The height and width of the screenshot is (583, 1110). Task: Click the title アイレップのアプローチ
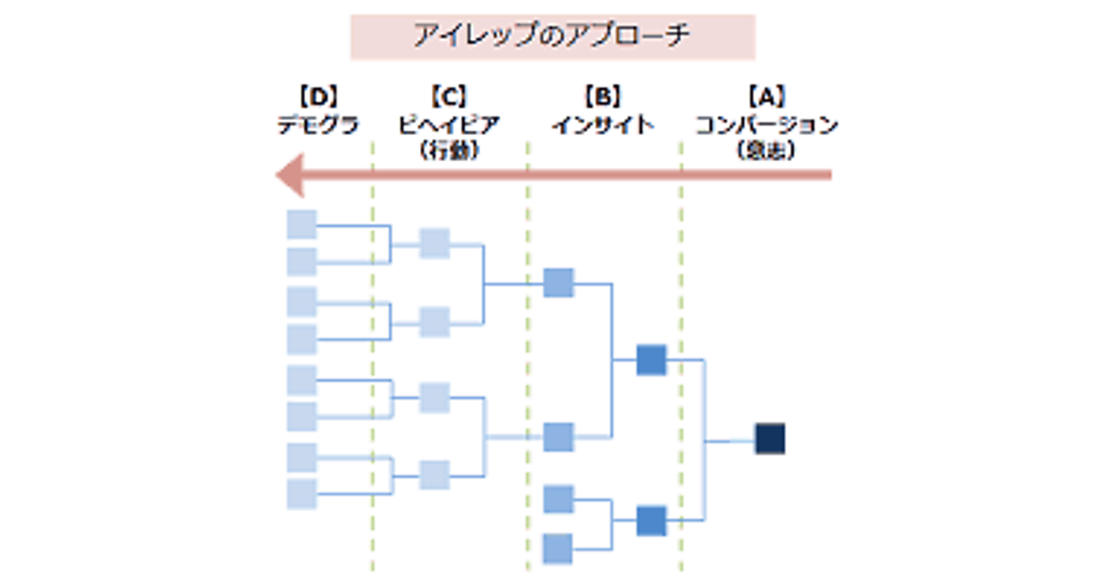coord(552,37)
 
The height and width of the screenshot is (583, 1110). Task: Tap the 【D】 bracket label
coord(317,95)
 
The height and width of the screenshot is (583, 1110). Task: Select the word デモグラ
coord(317,125)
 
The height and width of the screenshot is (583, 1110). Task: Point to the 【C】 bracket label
coord(448,95)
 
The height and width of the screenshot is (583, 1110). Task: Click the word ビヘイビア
coord(448,125)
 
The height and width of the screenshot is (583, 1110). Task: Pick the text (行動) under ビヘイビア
coord(448,151)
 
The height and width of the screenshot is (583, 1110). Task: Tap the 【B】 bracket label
coord(602,95)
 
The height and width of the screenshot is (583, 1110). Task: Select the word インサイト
coord(602,125)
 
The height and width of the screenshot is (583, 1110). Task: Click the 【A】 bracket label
coord(767,95)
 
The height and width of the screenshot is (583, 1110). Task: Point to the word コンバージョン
coord(767,125)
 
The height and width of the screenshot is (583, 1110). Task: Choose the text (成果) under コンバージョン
coord(767,151)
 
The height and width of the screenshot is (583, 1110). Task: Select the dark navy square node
coord(770,439)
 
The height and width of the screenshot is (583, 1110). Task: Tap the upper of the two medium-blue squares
coord(651,359)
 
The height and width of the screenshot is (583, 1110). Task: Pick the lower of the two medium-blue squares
coord(651,521)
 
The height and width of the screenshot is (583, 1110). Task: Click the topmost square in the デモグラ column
coord(302,225)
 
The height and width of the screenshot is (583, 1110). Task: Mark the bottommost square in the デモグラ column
coord(302,494)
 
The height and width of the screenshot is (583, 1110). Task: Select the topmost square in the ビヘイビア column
coord(434,243)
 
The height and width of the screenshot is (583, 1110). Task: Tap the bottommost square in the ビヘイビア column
coord(434,475)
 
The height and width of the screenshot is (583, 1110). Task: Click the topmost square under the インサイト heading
coord(559,282)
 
